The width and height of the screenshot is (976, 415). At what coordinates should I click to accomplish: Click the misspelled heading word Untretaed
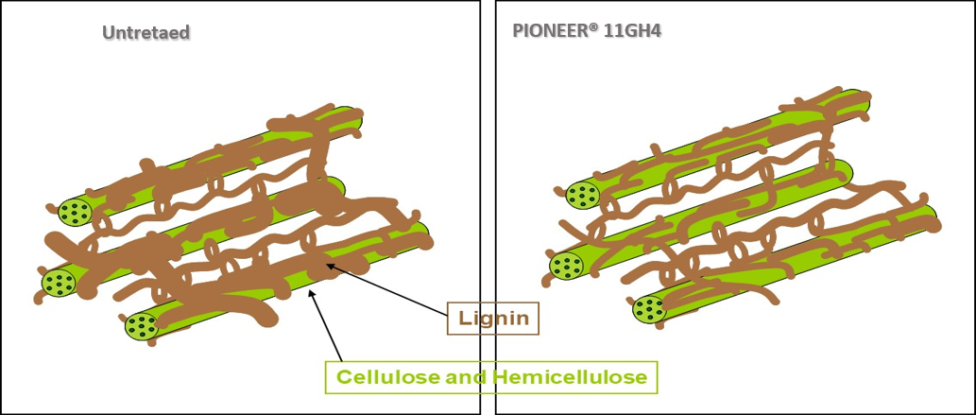tap(146, 33)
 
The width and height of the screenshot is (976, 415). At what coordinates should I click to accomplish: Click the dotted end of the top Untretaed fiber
tap(73, 213)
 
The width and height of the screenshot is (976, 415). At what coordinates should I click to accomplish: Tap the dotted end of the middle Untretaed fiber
tap(59, 282)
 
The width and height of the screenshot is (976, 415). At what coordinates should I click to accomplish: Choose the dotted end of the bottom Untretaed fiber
tap(142, 326)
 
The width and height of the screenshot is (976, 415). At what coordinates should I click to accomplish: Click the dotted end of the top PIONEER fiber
tap(583, 196)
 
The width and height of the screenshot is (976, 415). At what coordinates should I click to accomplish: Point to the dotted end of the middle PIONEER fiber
tap(565, 266)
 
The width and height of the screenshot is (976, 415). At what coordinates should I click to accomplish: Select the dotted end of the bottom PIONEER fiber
tap(649, 307)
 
